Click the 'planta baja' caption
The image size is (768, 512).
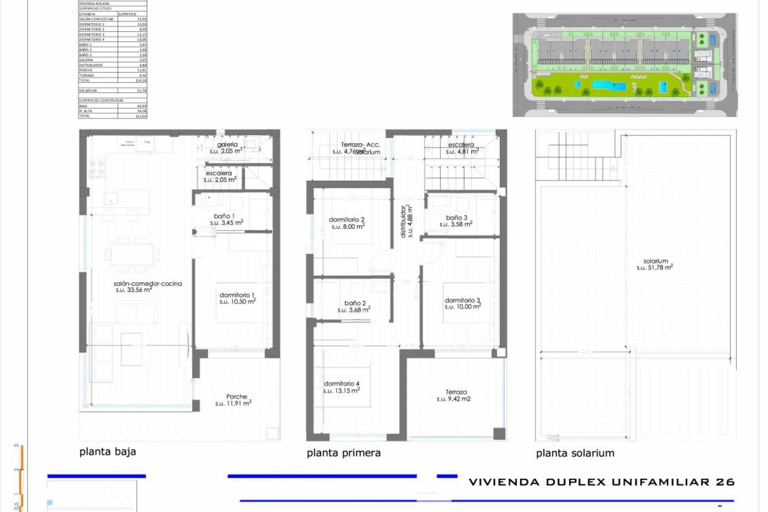pos(108,452)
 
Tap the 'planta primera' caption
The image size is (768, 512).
pos(344,453)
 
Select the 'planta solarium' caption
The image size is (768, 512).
pos(575,453)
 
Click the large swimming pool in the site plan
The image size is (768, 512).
pos(608,85)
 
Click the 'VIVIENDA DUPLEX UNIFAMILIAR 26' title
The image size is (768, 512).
pos(601,482)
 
